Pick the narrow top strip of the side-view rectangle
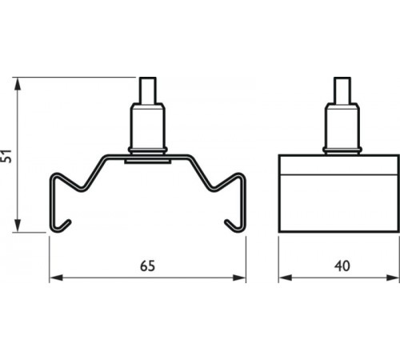[338, 164]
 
